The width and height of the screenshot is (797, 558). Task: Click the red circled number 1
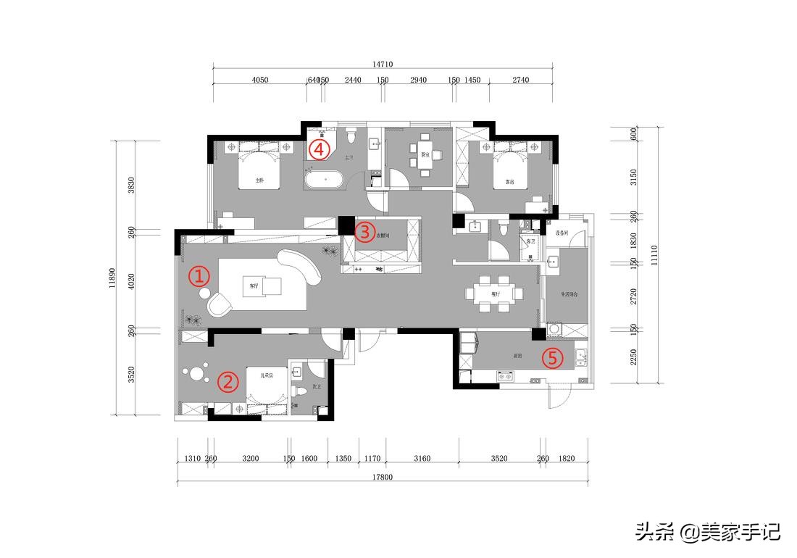click(x=199, y=276)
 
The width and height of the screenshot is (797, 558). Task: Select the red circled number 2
click(x=228, y=382)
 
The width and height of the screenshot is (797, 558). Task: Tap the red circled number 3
click(x=365, y=232)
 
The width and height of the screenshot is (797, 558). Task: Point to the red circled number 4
click(x=319, y=149)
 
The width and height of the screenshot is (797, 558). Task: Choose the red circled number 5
click(x=553, y=358)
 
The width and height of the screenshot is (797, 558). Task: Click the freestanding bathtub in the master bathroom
click(x=325, y=180)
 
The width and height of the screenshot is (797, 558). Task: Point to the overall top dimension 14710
click(x=383, y=64)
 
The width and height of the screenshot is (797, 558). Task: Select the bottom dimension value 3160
click(x=422, y=458)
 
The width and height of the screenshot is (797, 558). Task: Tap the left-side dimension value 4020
click(x=131, y=280)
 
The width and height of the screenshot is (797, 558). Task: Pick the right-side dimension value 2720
click(x=634, y=296)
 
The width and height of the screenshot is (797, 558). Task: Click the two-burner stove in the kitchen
click(x=505, y=375)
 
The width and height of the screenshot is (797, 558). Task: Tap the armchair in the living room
click(x=220, y=305)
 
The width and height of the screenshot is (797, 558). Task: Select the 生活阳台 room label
click(x=568, y=295)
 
